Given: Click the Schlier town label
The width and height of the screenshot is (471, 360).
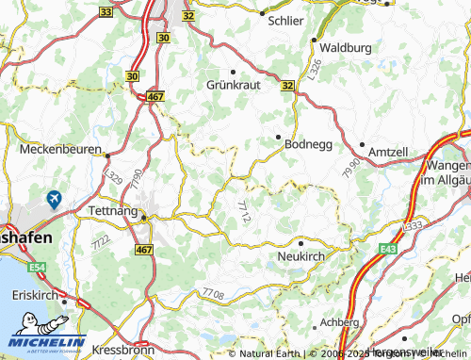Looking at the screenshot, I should (x=286, y=20).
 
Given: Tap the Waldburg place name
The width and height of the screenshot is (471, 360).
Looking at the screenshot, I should (x=346, y=47).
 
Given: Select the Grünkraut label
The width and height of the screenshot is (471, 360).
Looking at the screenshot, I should (x=232, y=84).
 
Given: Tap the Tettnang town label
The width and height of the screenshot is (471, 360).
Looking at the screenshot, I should (x=111, y=210).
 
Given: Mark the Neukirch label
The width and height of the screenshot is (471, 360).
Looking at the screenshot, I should (x=302, y=255).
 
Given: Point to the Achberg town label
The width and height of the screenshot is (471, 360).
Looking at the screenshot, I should (x=340, y=321).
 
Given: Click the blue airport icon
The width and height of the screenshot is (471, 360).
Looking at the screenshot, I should (x=54, y=199).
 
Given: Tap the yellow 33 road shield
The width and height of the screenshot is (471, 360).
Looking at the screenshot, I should (x=106, y=12).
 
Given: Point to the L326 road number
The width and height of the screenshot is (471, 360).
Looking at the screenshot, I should (x=314, y=70).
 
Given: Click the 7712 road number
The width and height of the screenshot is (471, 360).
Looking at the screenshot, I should (x=245, y=211).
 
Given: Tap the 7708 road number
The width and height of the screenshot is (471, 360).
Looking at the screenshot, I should (x=213, y=296).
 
